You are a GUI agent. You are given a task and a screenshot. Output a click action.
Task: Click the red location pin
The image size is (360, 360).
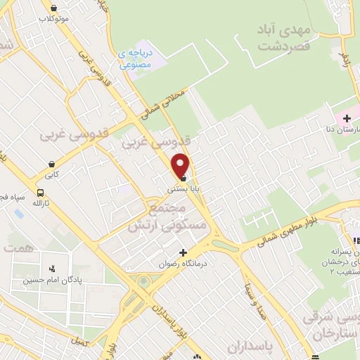coord(181,165)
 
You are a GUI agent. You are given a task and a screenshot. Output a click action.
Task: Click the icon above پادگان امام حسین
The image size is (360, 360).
coord(51,268)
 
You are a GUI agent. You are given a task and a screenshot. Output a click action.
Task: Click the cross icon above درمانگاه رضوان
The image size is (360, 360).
coord(184,252)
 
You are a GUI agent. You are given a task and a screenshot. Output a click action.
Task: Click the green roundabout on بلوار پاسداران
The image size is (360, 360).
coord(143,282)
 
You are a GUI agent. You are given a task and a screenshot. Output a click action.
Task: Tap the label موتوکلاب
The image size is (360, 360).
coord(54,19)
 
